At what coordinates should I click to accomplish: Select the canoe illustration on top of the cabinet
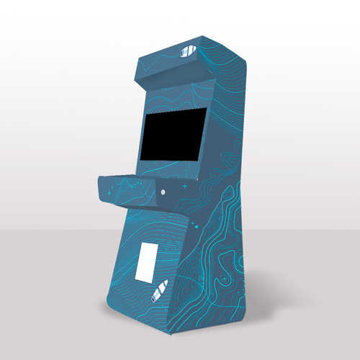[189, 51]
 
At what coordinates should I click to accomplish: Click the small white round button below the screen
[163, 192]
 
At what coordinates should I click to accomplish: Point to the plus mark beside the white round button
[184, 186]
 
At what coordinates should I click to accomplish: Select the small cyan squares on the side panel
[196, 228]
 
